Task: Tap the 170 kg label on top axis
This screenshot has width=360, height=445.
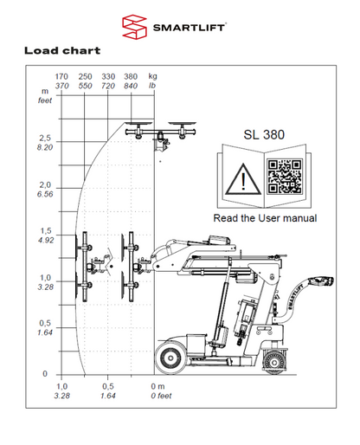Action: (61, 76)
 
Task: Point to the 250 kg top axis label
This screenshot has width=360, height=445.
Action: (85, 76)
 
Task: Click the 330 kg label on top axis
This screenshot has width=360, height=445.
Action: (109, 76)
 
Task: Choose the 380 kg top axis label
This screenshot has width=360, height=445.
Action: (132, 76)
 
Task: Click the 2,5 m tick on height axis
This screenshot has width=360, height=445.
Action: (46, 139)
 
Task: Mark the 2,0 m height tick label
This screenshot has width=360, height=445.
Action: (46, 185)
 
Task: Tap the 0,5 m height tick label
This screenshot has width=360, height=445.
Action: (46, 324)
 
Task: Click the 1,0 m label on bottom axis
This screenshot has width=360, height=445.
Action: (61, 385)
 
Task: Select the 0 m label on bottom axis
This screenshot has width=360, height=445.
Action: (157, 385)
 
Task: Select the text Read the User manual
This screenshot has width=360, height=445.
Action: (265, 218)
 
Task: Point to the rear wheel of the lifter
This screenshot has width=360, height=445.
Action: (270, 355)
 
